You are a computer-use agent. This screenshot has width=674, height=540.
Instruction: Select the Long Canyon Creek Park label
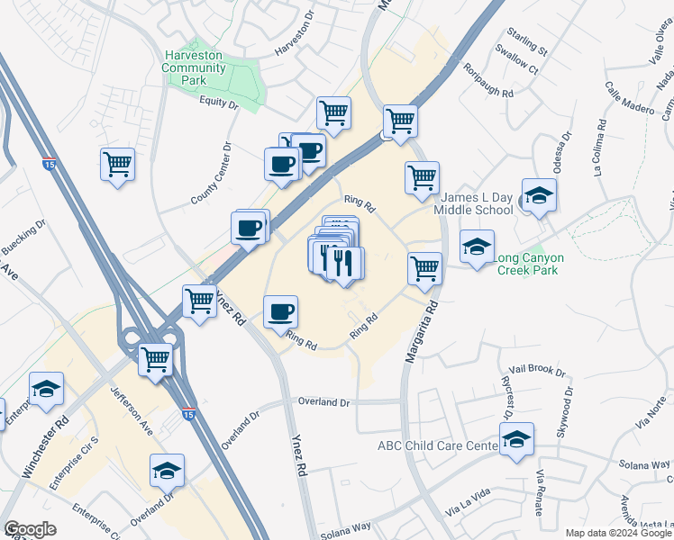[x=538, y=265]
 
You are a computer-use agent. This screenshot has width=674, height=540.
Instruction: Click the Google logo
[x=30, y=530]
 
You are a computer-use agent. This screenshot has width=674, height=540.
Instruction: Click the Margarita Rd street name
[x=421, y=330]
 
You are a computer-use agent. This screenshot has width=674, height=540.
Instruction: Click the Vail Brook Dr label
[x=537, y=371]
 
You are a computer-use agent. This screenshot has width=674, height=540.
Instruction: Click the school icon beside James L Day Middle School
[x=539, y=196]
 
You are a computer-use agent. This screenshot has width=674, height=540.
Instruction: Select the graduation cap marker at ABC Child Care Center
[x=516, y=438]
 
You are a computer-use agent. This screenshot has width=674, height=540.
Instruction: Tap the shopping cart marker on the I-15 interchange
[x=157, y=359]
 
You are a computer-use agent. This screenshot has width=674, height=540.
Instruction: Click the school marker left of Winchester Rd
[x=46, y=389]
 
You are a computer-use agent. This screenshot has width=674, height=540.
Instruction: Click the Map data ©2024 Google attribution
[x=618, y=533]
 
